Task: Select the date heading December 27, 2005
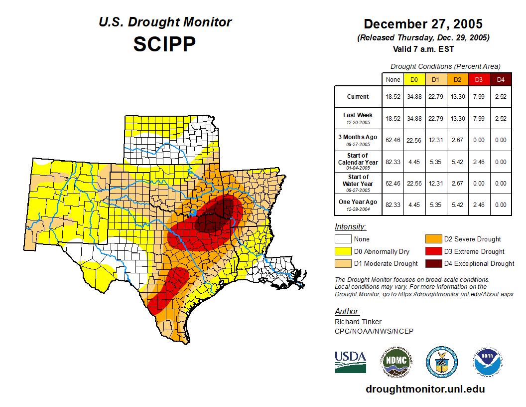click(423, 24)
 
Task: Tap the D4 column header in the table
click(501, 80)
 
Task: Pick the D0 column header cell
click(414, 80)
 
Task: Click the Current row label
click(358, 97)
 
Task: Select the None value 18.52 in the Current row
click(393, 97)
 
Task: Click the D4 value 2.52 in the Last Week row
click(501, 118)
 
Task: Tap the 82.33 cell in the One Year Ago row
click(393, 204)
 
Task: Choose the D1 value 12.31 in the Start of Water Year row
click(435, 183)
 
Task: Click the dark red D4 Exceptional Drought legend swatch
click(433, 263)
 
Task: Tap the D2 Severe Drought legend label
click(472, 239)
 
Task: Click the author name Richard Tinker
click(358, 322)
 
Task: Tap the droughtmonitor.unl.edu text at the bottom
click(425, 389)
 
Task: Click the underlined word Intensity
click(350, 227)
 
